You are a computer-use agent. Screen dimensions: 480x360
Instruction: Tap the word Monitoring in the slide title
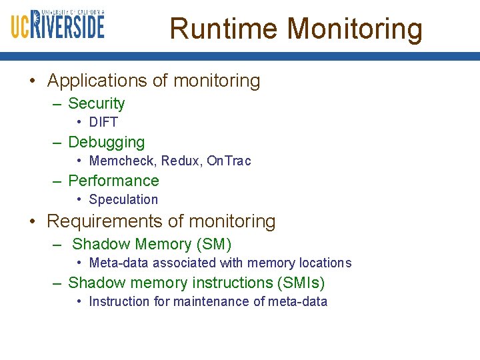pyautogui.click(x=355, y=29)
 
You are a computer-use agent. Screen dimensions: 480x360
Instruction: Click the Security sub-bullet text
pyautogui.click(x=96, y=104)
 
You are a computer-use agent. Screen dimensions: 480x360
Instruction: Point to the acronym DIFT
pyautogui.click(x=103, y=123)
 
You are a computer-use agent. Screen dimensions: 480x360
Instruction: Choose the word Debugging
pyautogui.click(x=106, y=143)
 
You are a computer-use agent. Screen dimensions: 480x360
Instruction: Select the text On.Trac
pyautogui.click(x=229, y=161)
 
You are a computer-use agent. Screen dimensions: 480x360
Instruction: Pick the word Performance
pyautogui.click(x=113, y=181)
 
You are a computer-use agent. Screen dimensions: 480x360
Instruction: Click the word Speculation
pyautogui.click(x=123, y=200)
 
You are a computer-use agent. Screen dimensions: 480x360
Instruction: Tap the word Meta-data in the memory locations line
pyautogui.click(x=117, y=263)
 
